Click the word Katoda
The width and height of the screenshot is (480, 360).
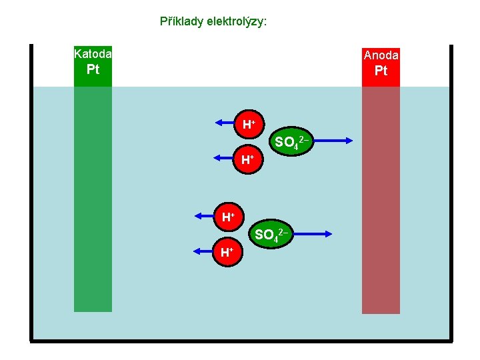click(93, 54)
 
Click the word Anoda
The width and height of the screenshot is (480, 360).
click(381, 55)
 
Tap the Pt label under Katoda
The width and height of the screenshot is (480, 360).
click(93, 70)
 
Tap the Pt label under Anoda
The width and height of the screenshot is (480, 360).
click(381, 71)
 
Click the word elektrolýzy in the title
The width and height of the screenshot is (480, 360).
click(235, 21)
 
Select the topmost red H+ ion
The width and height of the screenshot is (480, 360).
click(249, 124)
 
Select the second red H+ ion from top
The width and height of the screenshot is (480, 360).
click(248, 159)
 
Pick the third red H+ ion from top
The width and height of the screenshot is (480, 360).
click(229, 217)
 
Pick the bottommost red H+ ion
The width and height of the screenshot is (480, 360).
click(227, 252)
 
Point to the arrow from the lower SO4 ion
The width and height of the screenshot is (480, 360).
click(313, 233)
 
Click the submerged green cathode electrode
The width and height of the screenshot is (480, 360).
click(93, 200)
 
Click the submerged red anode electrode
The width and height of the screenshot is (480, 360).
click(381, 200)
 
